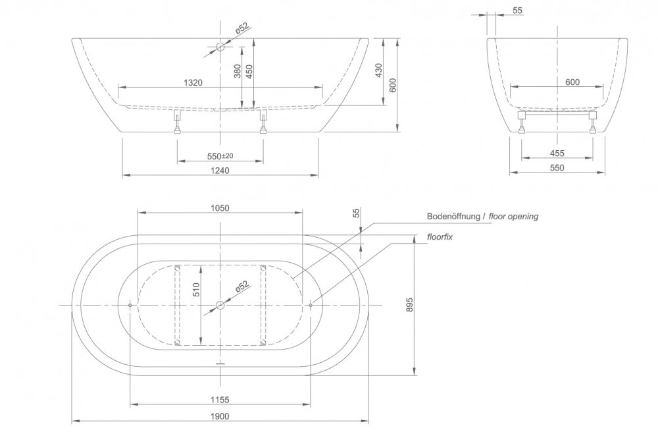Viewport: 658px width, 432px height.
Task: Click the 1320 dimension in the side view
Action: point(193,83)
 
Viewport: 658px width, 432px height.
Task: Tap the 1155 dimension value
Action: point(220,400)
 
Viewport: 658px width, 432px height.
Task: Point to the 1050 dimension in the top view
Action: point(220,208)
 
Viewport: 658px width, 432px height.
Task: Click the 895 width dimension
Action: point(410,305)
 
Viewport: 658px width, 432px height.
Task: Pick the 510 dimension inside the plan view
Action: point(197,290)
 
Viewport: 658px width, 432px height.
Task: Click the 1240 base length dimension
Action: point(220,170)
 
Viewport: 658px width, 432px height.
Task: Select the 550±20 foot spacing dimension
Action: point(220,156)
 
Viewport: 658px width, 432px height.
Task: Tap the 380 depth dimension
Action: point(237,70)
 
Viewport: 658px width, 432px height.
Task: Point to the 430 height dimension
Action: point(378,70)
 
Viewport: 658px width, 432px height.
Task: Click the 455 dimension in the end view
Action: point(557,153)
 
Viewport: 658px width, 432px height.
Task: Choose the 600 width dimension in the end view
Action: point(572,82)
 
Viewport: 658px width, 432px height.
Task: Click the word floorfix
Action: point(440,237)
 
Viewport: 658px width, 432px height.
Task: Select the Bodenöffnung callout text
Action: point(453,217)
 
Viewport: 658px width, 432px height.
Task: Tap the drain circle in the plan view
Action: point(220,305)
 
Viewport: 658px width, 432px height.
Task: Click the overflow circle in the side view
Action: point(220,46)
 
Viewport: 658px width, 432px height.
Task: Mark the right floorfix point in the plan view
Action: point(311,305)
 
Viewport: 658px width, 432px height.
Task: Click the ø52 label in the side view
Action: point(242,28)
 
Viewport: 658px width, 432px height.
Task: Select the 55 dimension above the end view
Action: point(517,11)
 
